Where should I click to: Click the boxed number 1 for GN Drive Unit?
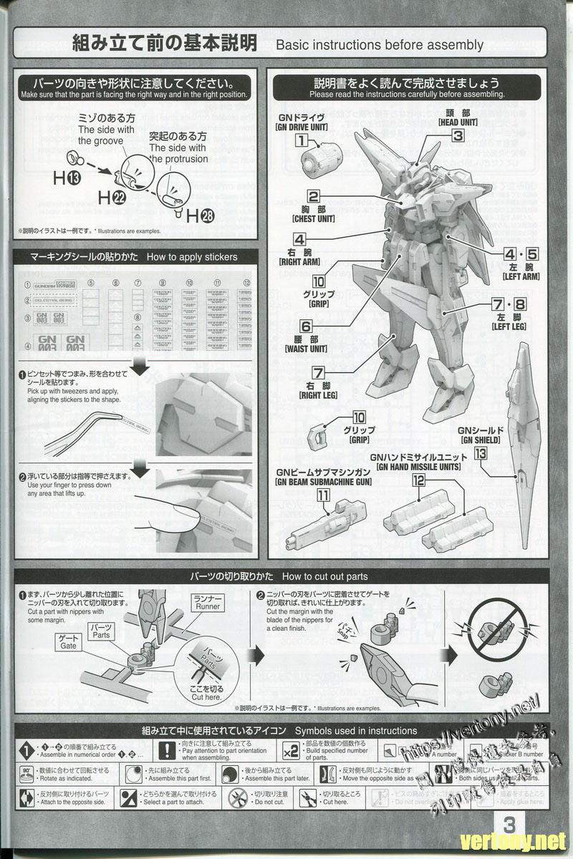point(302,141)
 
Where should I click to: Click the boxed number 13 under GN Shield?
point(480,452)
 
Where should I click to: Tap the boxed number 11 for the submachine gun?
point(324,494)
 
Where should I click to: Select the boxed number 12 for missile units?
point(418,480)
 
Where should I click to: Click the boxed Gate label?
point(68,641)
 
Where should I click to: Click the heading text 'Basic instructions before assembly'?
point(379,45)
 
